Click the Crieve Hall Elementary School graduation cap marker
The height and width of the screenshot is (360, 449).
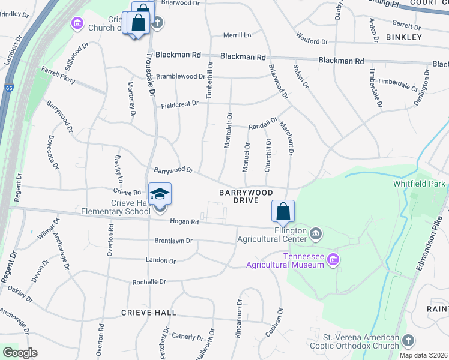160,194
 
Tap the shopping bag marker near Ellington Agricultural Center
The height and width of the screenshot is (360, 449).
282,212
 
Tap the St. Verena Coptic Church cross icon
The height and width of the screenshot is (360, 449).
408,340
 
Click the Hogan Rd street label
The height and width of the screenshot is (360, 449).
184,221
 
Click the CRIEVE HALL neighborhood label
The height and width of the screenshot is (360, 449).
149,313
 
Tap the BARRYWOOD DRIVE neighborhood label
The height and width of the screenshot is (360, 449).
246,196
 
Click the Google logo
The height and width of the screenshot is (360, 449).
19,352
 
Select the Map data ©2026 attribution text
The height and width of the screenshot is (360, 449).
423,355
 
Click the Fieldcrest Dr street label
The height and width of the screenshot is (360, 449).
179,104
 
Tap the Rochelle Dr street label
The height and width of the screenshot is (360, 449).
149,281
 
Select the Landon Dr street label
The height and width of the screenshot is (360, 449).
160,261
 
